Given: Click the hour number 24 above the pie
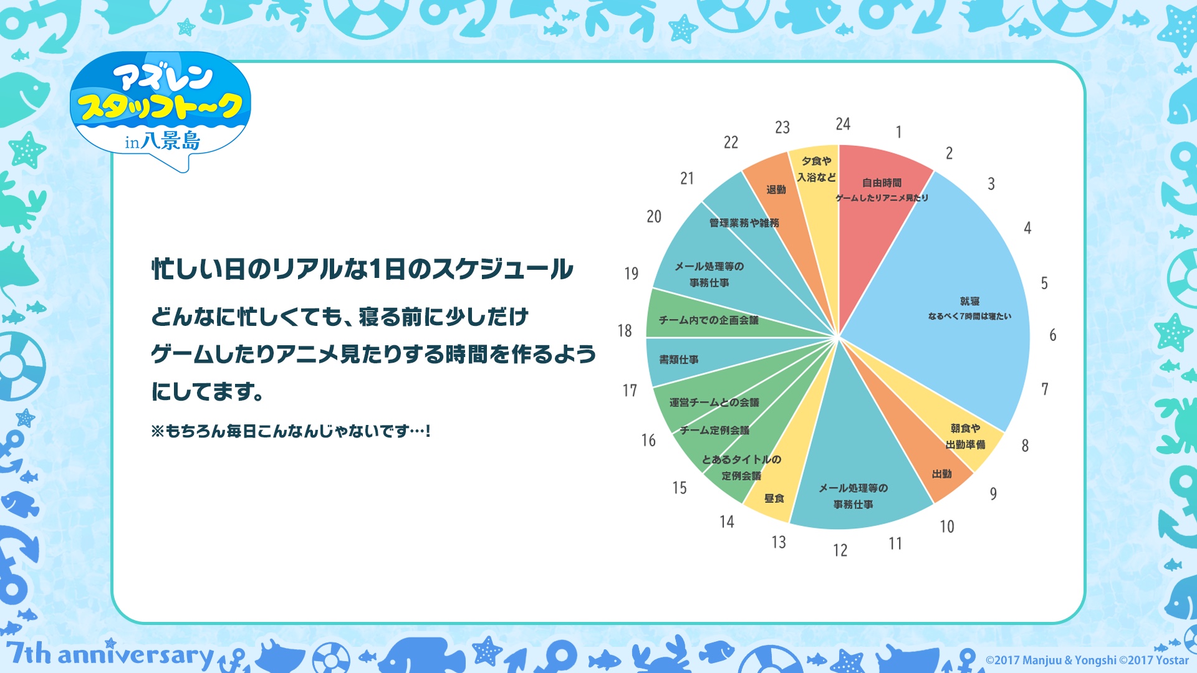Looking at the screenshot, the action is (843, 124).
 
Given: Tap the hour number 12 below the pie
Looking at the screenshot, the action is (840, 550).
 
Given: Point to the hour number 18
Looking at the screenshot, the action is (625, 331).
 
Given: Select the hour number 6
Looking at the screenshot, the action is (1053, 335).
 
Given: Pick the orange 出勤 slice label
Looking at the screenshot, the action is (941, 474).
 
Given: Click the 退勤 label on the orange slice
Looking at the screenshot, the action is (776, 189).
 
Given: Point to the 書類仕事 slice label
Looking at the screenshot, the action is (679, 360).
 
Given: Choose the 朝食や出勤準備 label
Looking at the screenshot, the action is (965, 436).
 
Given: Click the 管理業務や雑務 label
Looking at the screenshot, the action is (744, 222).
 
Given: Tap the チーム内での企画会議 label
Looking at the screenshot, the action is (709, 320).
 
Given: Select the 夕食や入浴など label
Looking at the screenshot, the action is (816, 169).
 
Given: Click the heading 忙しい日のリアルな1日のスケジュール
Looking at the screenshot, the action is (362, 269).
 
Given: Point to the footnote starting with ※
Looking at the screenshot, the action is (291, 431).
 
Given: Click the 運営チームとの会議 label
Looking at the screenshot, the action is (714, 402).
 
